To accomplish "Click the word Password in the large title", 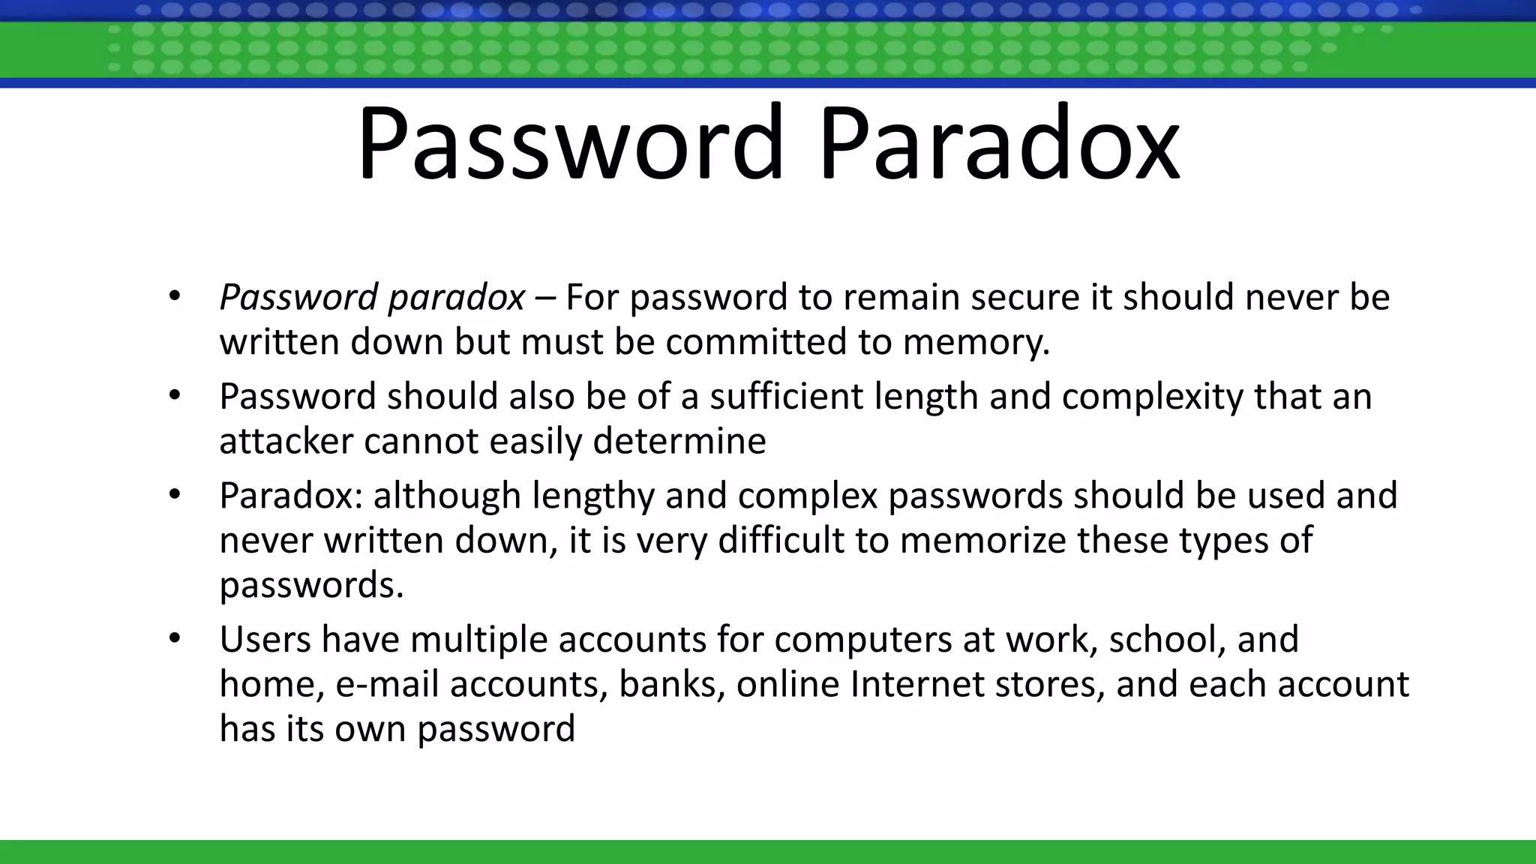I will [x=570, y=144].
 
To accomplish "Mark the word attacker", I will [x=286, y=441].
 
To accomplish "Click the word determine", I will [x=679, y=441].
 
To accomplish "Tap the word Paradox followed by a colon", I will [x=292, y=496].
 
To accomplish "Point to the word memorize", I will [x=982, y=540].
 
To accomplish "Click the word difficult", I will [x=781, y=540].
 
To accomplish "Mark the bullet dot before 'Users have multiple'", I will [x=175, y=639].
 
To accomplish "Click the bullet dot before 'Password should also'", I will [x=175, y=396].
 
